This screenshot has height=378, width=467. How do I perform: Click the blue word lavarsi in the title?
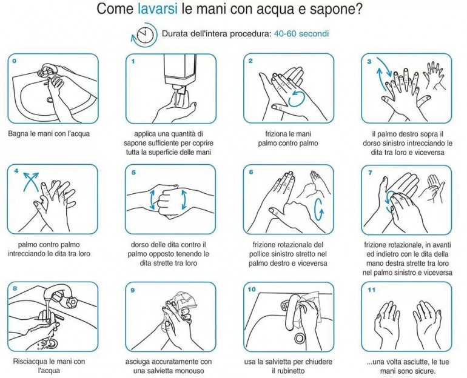click(158, 8)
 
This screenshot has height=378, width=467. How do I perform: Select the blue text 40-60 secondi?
click(301, 33)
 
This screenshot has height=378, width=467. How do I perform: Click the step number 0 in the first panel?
click(15, 61)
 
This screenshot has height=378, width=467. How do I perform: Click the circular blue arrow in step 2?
click(297, 99)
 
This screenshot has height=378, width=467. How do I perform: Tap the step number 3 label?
click(369, 62)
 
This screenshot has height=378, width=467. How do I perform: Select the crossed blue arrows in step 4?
click(32, 182)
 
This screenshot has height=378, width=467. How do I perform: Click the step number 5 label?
click(133, 173)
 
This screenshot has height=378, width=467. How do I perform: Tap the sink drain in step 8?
click(52, 343)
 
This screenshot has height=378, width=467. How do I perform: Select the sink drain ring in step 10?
click(300, 338)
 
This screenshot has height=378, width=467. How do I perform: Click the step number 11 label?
click(371, 290)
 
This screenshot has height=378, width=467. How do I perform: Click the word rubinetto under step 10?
click(288, 371)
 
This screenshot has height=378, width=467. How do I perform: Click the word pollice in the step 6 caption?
click(260, 254)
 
